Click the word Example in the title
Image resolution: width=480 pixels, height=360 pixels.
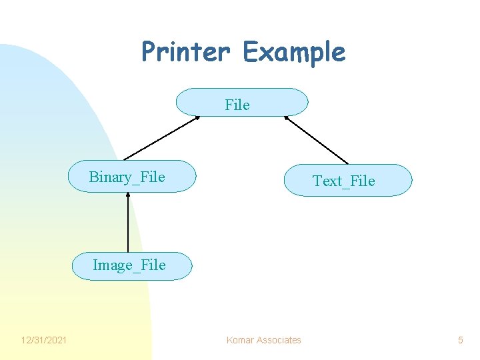[294, 52]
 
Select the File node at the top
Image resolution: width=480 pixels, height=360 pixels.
[241, 103]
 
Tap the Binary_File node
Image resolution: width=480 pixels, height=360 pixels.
[133, 176]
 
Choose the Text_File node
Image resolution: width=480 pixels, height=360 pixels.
[348, 180]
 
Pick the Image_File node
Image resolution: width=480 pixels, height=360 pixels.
[132, 265]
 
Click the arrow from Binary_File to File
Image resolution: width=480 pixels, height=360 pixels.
[162, 138]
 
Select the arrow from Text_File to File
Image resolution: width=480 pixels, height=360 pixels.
[316, 140]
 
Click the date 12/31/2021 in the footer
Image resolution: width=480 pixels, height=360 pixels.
[44, 340]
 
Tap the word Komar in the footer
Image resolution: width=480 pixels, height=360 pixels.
[239, 340]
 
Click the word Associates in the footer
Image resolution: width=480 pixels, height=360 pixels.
[278, 340]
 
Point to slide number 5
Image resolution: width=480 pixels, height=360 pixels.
[460, 340]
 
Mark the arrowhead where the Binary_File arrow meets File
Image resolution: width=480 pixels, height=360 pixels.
[197, 118]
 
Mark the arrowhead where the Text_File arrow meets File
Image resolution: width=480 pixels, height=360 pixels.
[286, 118]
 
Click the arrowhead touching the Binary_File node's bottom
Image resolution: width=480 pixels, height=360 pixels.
[128, 195]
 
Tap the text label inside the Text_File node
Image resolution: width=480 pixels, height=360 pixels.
[344, 181]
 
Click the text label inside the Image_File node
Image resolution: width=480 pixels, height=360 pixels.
[129, 265]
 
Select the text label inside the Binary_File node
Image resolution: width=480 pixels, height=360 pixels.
[127, 177]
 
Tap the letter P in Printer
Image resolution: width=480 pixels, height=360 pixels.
[149, 52]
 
